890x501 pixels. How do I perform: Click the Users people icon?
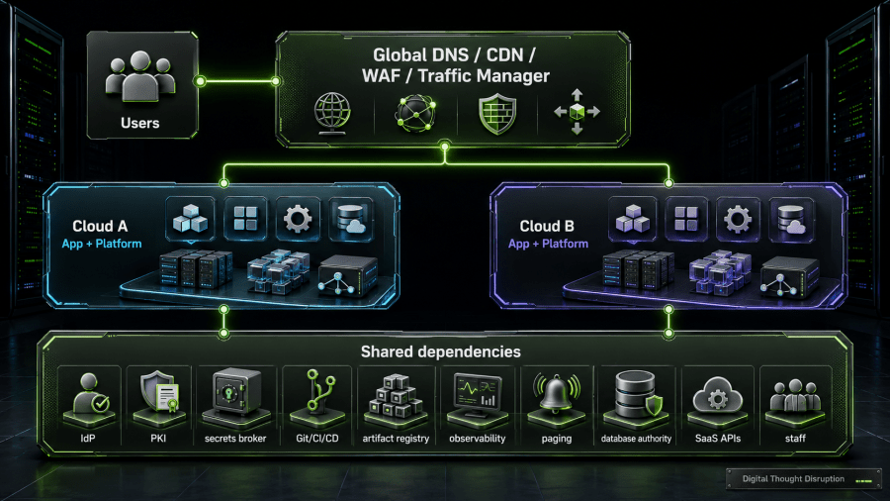pyautogui.click(x=140, y=77)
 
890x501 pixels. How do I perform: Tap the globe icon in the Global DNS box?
pyautogui.click(x=332, y=113)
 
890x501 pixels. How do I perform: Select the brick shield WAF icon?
pyautogui.click(x=497, y=114)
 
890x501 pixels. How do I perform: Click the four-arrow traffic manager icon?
pyautogui.click(x=577, y=112)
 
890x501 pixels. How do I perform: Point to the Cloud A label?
pyautogui.click(x=100, y=226)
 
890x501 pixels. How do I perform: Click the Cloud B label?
pyautogui.click(x=547, y=226)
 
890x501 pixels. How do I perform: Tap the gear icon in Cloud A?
pyautogui.click(x=298, y=219)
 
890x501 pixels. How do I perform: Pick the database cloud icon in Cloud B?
pyautogui.click(x=791, y=220)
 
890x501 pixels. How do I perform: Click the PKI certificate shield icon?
pyautogui.click(x=159, y=391)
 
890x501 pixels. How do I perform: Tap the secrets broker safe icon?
pyautogui.click(x=235, y=392)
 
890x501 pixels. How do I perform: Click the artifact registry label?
pyautogui.click(x=396, y=439)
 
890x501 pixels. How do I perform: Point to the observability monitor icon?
pyautogui.click(x=478, y=392)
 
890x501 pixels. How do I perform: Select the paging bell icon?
pyautogui.click(x=556, y=392)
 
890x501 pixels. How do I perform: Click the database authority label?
pyautogui.click(x=636, y=439)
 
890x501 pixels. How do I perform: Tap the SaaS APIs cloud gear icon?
pyautogui.click(x=718, y=394)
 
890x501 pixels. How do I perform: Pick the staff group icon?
pyautogui.click(x=795, y=395)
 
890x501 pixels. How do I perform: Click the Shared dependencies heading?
pyautogui.click(x=440, y=352)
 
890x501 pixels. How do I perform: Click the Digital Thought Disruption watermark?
pyautogui.click(x=793, y=479)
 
